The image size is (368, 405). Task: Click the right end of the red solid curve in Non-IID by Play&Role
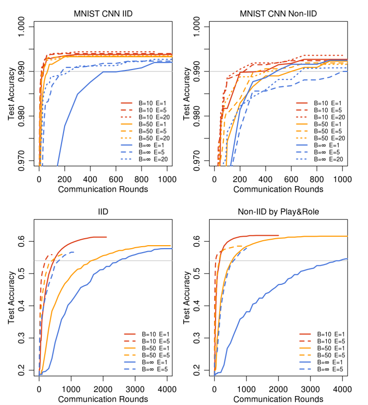(279, 235)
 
